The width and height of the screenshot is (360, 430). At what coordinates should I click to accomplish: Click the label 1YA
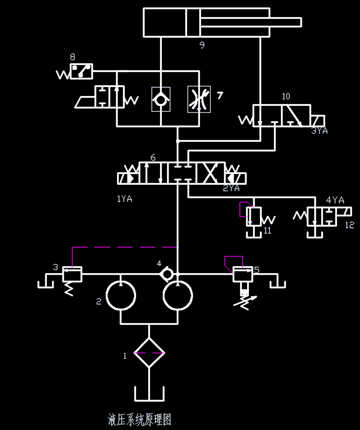(124, 199)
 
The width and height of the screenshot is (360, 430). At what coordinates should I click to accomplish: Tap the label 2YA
(231, 188)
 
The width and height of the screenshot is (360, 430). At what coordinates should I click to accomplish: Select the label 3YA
(319, 130)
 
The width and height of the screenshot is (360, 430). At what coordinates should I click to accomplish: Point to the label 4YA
(335, 200)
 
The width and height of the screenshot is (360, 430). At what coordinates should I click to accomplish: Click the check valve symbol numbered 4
(167, 274)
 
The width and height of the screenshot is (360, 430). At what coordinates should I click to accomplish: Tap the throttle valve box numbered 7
(199, 99)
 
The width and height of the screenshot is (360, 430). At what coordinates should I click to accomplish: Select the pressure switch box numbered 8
(82, 71)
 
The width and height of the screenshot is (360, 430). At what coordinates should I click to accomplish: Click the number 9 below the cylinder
(202, 45)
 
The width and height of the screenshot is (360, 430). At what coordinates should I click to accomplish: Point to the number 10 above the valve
(286, 96)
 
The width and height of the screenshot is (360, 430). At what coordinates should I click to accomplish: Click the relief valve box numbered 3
(72, 274)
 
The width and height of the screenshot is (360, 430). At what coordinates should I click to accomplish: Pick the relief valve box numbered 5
(242, 274)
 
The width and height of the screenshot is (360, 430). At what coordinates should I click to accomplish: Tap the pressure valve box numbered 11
(253, 216)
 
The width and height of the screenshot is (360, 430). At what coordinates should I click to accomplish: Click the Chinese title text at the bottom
(140, 420)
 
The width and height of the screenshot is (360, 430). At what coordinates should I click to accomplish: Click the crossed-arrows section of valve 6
(211, 173)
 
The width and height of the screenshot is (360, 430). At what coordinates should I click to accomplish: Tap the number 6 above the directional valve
(153, 158)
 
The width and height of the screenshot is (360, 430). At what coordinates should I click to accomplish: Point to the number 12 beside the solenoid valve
(350, 225)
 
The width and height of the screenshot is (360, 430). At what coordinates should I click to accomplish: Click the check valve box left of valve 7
(161, 99)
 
